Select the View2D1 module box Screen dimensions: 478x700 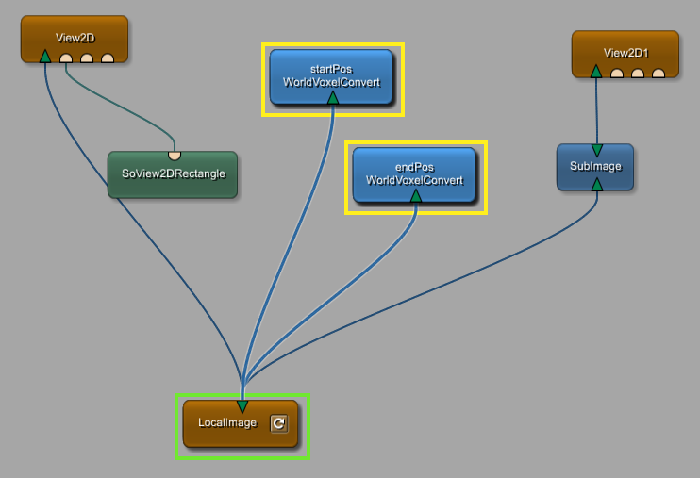point(625,53)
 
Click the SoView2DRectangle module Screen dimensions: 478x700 point(173,174)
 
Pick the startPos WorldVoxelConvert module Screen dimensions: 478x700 point(331,75)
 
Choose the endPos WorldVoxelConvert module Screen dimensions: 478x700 point(414,173)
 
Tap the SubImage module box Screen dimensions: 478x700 point(595,166)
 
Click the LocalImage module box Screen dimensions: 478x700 point(228,423)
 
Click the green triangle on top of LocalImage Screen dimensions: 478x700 point(242,406)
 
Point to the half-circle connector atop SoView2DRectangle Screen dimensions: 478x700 point(175,155)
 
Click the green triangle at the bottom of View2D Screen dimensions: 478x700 point(44,57)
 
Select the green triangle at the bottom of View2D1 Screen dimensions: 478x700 point(595,71)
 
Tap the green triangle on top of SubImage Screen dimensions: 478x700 point(596,150)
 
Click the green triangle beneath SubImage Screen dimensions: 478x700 point(596,184)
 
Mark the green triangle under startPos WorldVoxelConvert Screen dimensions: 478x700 point(332,97)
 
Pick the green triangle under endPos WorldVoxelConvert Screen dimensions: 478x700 point(415,195)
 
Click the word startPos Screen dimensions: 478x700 point(331,69)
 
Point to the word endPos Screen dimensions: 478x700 point(414,167)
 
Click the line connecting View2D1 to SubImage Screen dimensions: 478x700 point(596,108)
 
